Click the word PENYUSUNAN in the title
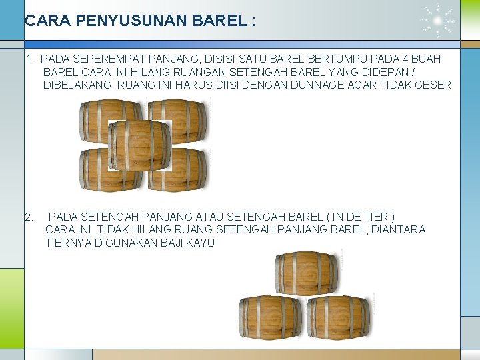pyautogui.click(x=131, y=21)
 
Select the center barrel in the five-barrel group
pyautogui.click(x=140, y=145)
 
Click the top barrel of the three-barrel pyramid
pyautogui.click(x=307, y=273)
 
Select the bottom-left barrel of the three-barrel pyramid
pyautogui.click(x=271, y=317)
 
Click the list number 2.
pyautogui.click(x=29, y=217)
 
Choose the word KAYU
pyautogui.click(x=200, y=243)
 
